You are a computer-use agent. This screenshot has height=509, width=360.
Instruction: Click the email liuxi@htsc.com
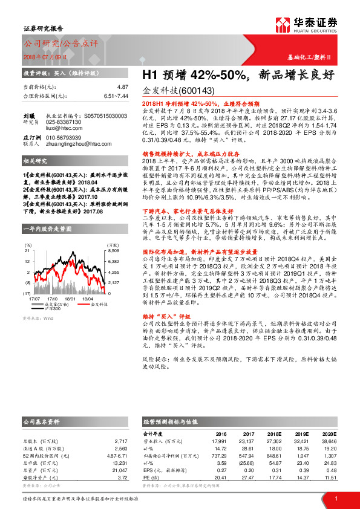(59, 128)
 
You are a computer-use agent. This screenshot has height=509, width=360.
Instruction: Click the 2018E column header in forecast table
(276, 433)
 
